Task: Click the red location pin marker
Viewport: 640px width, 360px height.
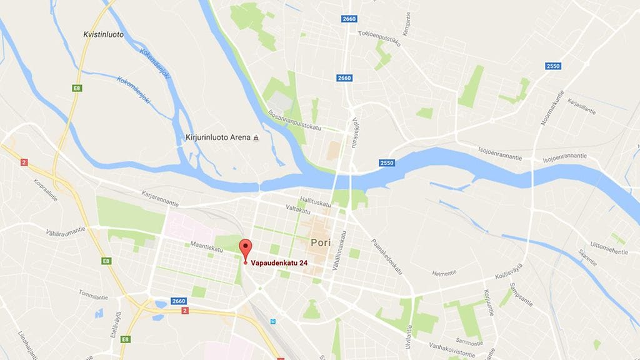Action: pos(245,248)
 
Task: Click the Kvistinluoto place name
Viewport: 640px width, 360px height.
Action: pos(103,35)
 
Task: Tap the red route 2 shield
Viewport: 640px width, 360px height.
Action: pos(24,162)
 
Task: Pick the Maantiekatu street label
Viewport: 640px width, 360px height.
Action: pos(206,249)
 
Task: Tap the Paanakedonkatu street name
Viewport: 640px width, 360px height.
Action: pos(386,256)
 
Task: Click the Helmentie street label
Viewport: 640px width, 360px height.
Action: pos(444,272)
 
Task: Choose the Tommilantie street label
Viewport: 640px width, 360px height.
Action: pos(94,294)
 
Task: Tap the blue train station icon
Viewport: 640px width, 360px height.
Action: pos(273,321)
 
